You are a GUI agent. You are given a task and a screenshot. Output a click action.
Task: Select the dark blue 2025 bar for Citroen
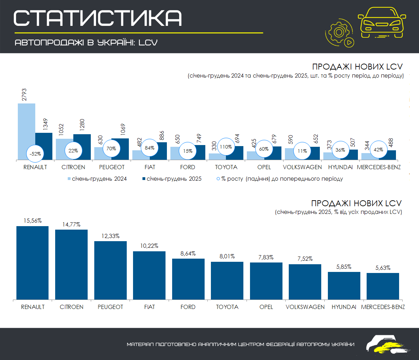(x=82, y=147)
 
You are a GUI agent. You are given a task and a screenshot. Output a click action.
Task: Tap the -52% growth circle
(x=35, y=153)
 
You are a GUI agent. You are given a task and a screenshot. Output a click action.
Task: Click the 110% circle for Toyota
(x=226, y=147)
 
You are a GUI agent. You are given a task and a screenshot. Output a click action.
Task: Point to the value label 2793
(x=24, y=95)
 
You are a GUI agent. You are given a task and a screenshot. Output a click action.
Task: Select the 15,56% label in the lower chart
(x=32, y=221)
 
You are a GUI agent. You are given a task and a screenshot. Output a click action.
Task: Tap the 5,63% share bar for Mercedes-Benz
(x=383, y=286)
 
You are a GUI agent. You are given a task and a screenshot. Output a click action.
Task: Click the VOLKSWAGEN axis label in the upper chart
(x=302, y=167)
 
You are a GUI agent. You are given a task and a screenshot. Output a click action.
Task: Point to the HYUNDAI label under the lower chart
(x=344, y=307)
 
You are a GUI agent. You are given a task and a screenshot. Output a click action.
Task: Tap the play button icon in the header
(x=349, y=43)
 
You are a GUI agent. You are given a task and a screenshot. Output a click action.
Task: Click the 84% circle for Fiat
(x=149, y=148)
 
